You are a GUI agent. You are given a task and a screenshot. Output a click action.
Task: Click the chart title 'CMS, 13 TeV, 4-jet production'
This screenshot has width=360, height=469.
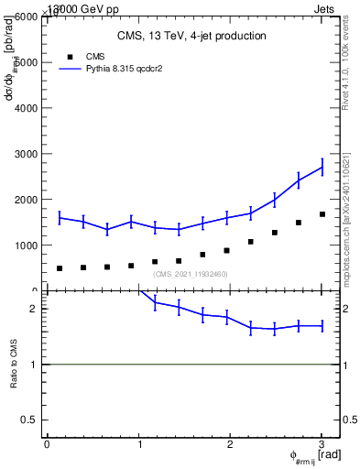coord(191,37)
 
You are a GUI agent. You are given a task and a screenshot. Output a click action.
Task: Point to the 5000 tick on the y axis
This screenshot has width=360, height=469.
coord(27,62)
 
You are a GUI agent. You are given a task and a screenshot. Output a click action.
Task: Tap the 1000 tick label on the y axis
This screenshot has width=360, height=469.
coord(27,245)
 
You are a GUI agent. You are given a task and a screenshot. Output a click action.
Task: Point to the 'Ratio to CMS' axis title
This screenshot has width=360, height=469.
coord(14,365)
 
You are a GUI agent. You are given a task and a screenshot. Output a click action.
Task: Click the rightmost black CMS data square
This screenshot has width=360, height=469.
coord(322,214)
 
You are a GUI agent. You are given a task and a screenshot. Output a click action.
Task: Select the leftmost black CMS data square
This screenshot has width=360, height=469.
coord(60,268)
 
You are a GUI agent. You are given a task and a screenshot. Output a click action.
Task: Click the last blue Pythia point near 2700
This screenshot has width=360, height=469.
coord(322,167)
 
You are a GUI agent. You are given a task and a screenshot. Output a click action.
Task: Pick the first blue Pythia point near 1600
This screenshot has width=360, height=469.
coord(60,217)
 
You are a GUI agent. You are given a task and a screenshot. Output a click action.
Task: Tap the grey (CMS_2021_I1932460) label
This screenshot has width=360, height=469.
coord(191,274)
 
